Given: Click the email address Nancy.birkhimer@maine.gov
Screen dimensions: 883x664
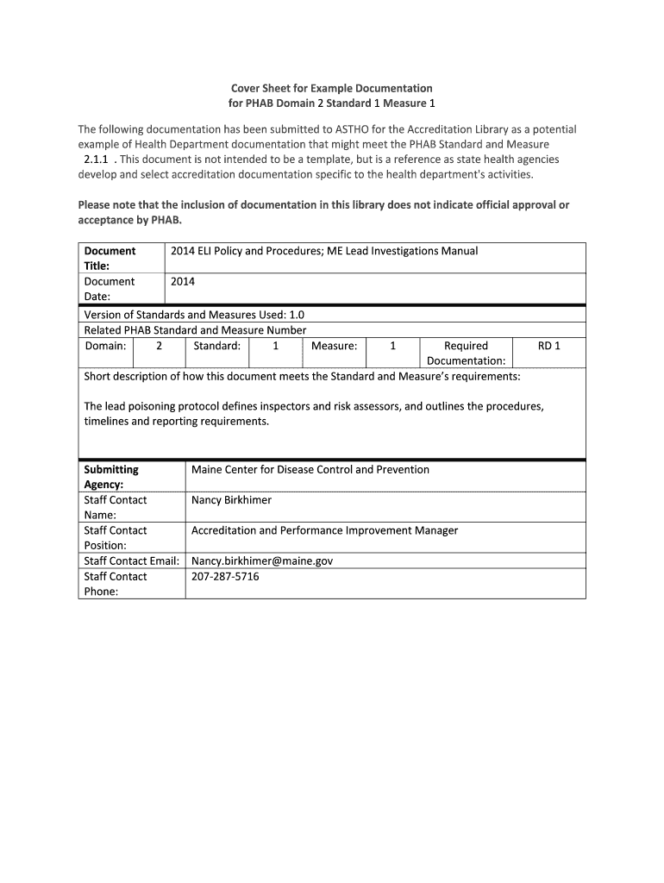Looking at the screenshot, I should pos(262,560).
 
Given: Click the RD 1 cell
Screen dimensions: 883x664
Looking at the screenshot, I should pos(548,346).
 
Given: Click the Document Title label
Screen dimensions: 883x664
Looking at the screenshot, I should pos(109,259).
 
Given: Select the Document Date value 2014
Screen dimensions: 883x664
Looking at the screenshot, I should pos(183,281).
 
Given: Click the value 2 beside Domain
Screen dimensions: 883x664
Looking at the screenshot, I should pos(159,346).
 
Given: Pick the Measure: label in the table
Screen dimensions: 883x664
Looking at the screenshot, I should pos(334,346).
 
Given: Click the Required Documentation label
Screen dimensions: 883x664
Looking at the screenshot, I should pos(466,354).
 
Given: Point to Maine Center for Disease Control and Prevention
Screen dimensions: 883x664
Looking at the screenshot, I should pos(310,470).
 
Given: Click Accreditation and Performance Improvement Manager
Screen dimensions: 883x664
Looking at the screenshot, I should pos(324,530).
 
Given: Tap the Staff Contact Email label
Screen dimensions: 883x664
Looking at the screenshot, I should pos(131,560).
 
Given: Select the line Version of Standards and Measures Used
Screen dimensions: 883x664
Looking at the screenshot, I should pos(194,315).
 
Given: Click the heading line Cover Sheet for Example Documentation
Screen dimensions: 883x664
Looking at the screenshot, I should pos(331,88).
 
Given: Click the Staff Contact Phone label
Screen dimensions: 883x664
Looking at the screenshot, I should pos(116,584).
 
